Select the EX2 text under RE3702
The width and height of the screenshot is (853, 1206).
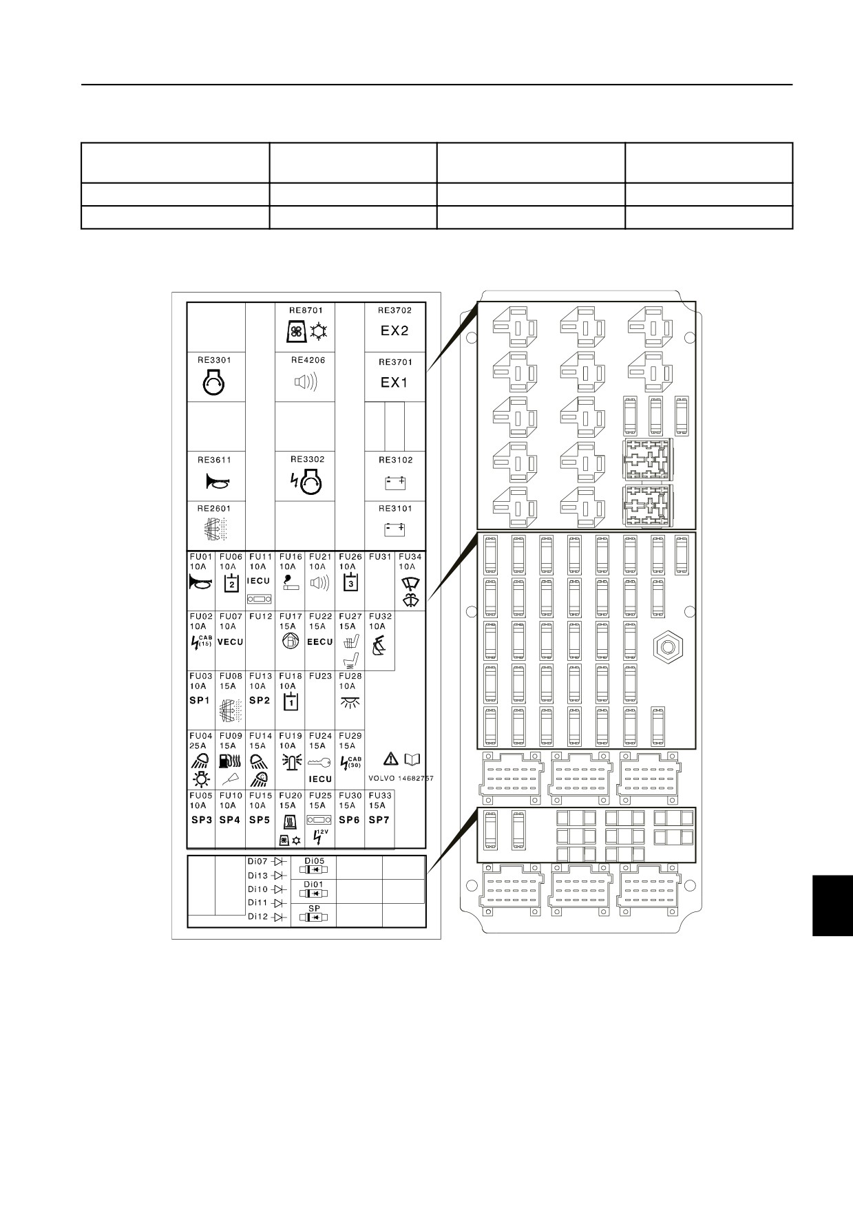click(394, 330)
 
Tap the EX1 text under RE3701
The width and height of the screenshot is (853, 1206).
click(394, 382)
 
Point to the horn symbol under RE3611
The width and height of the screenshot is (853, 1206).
click(216, 484)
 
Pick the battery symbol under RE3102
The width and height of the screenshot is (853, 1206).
click(395, 483)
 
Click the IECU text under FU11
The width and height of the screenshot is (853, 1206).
click(260, 582)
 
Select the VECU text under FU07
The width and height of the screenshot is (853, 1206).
click(231, 642)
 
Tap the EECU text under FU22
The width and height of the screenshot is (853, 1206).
click(320, 642)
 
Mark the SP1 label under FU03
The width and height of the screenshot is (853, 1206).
click(199, 701)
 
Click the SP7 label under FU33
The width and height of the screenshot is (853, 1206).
click(379, 821)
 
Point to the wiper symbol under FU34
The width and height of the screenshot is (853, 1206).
click(410, 593)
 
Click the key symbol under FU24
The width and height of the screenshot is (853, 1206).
click(320, 763)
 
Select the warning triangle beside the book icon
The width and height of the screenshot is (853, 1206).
click(390, 759)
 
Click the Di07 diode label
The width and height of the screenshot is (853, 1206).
click(258, 862)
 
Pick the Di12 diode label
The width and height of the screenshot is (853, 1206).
click(258, 917)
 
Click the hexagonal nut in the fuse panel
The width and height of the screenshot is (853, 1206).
click(667, 648)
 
